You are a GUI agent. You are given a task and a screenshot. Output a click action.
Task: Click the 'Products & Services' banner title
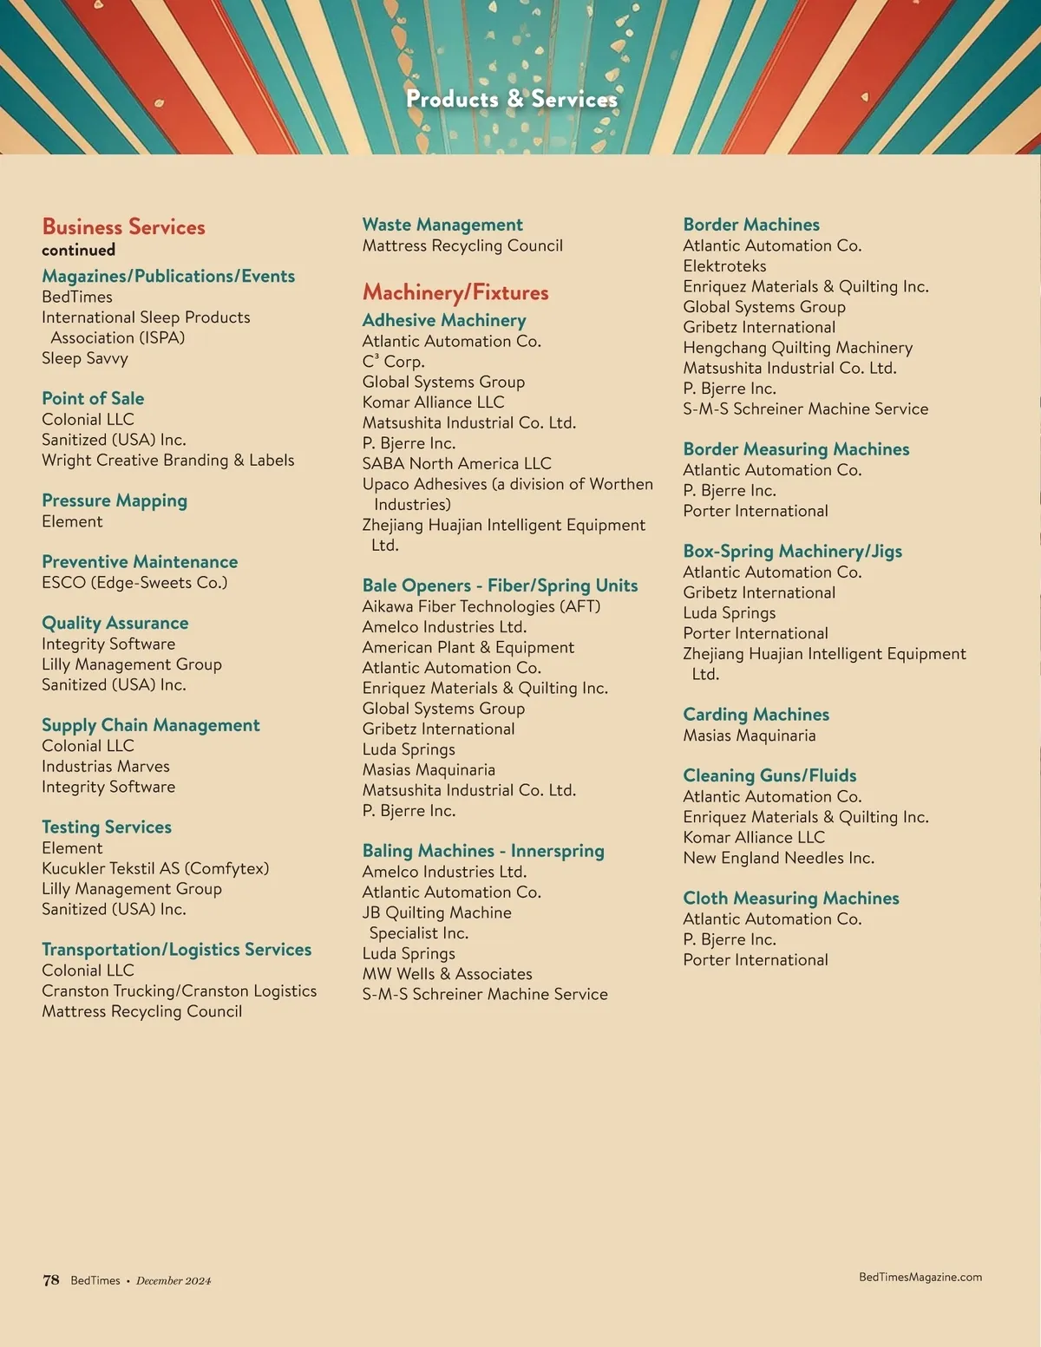(512, 99)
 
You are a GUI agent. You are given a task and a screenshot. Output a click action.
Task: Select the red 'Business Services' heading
(123, 227)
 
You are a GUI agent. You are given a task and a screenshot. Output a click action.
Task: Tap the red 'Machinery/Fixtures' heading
(455, 292)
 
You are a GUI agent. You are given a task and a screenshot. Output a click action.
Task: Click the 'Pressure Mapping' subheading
(115, 500)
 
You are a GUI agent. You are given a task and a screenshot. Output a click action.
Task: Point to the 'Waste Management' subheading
(442, 225)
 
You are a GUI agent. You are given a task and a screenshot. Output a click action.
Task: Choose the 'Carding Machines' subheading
(756, 715)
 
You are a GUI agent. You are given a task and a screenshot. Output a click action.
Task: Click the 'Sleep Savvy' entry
(85, 358)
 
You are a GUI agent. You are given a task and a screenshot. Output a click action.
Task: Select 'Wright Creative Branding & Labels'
(167, 461)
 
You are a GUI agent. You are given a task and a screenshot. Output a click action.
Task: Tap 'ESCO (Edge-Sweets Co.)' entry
(134, 583)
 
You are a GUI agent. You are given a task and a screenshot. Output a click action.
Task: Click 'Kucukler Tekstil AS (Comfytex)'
(155, 868)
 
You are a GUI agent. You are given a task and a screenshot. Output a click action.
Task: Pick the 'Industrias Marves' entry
(106, 767)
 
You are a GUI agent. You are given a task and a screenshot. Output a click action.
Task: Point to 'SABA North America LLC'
(456, 464)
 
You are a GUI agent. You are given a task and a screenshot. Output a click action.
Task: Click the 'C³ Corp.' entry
(393, 362)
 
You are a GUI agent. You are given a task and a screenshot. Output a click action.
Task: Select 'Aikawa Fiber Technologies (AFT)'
(481, 607)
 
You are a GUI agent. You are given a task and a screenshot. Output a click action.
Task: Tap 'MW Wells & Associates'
(447, 974)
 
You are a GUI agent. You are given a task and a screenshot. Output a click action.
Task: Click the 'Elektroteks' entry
(724, 266)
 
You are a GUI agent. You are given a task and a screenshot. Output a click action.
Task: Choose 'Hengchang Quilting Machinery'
(797, 348)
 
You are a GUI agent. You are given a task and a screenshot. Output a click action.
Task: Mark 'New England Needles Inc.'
(778, 858)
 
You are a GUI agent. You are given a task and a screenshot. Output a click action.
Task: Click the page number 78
(51, 1280)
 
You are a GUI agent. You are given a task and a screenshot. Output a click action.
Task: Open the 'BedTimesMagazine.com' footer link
(920, 1277)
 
